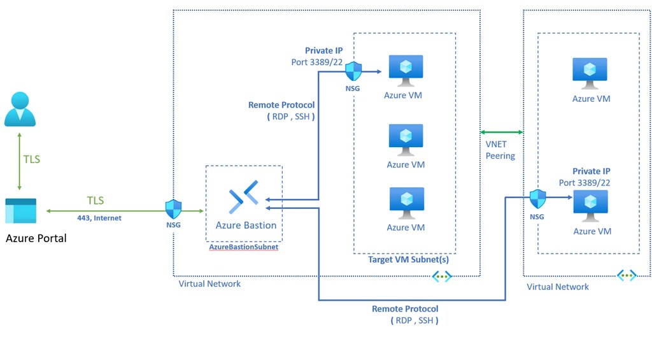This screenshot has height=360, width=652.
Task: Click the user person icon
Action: (x=20, y=109)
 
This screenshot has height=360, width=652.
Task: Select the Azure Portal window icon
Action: (x=20, y=211)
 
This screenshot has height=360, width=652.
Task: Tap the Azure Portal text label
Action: (x=36, y=238)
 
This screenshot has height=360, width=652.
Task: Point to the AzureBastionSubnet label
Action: (x=244, y=247)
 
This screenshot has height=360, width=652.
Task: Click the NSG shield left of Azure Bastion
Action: (x=173, y=209)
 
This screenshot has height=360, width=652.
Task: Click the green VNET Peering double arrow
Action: (x=501, y=132)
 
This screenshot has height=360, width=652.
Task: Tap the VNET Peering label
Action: (x=500, y=150)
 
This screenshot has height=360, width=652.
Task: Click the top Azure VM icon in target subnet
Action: (x=406, y=71)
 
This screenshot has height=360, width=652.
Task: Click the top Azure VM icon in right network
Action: (x=590, y=74)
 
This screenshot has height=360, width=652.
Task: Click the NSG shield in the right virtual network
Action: (x=538, y=199)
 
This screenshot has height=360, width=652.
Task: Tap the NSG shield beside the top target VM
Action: (x=353, y=71)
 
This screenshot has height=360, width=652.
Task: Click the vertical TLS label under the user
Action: (x=31, y=159)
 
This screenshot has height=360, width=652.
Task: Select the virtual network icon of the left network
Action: (x=441, y=277)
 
